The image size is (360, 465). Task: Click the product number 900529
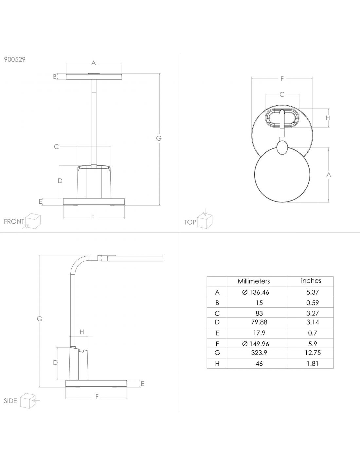(x=14, y=59)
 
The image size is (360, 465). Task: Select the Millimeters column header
(x=254, y=281)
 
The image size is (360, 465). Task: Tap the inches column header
(x=311, y=281)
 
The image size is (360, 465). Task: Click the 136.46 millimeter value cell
(x=256, y=292)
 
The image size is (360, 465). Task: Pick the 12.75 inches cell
(x=313, y=353)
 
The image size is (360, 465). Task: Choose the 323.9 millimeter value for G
(x=259, y=353)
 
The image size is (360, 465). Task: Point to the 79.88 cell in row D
(x=259, y=322)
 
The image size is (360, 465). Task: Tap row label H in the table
(x=217, y=364)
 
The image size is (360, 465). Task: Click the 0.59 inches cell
(x=313, y=302)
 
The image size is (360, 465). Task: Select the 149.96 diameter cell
(x=256, y=344)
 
